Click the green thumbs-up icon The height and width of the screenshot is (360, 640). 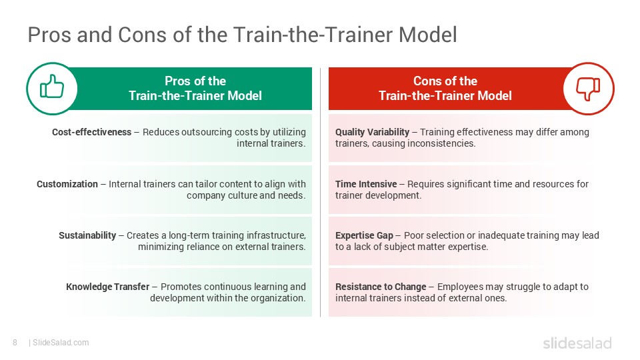click(51, 89)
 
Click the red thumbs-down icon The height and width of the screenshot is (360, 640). click(588, 89)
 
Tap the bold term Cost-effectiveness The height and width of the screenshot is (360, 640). click(91, 132)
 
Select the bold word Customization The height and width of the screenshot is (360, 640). click(67, 183)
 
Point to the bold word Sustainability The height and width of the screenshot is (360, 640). click(87, 235)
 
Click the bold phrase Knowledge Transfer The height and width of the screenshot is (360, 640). click(107, 287)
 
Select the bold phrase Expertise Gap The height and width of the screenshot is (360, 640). click(364, 235)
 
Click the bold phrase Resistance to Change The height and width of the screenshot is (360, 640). click(381, 287)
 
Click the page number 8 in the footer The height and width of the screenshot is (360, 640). click(15, 343)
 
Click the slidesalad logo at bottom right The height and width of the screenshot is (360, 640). click(577, 343)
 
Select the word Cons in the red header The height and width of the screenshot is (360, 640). click(427, 81)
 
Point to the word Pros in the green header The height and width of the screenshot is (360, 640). click(177, 81)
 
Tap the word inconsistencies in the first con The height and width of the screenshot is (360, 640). click(441, 143)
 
